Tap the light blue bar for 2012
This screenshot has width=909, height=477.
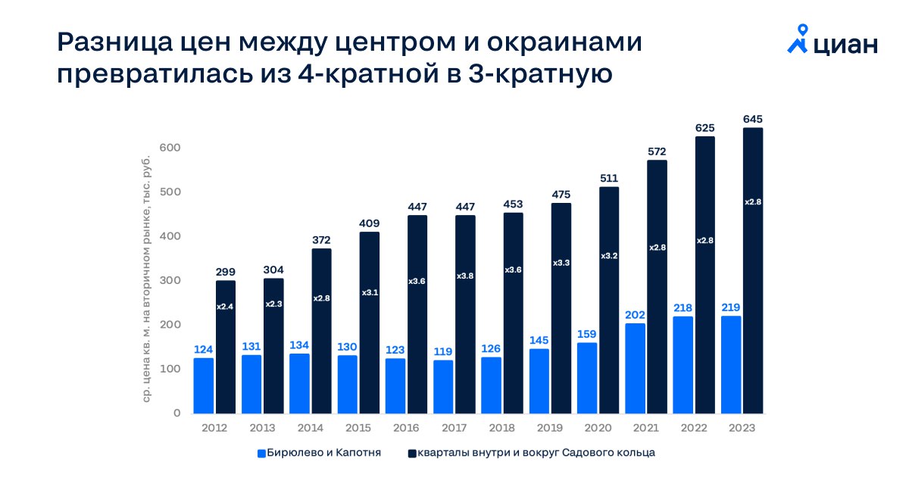pos(203,385)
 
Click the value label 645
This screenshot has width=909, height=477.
pos(752,120)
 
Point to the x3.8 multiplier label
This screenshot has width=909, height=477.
pos(465,275)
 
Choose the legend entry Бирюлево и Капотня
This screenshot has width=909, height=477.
pos(318,453)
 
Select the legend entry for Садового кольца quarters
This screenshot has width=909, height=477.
pos(531,453)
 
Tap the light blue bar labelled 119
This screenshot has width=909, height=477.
pos(443,387)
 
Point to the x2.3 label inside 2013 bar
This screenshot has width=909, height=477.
pos(273,304)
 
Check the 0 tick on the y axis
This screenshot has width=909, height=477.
pos(176,413)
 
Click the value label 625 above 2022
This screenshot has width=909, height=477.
pos(704,129)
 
